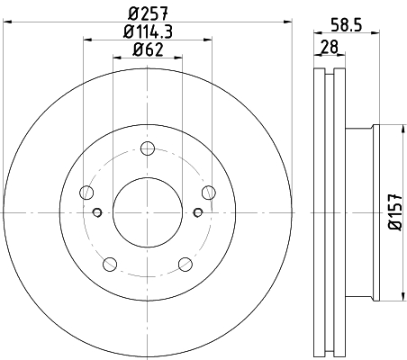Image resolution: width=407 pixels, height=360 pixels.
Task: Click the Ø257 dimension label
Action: pos(148,13)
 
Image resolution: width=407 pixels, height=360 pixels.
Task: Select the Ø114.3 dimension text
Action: pos(148,31)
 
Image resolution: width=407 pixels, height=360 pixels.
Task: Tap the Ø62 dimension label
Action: pos(148,49)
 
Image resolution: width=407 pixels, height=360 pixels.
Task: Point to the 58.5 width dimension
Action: pos(347,24)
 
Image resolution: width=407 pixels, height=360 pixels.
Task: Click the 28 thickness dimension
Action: pos(330,47)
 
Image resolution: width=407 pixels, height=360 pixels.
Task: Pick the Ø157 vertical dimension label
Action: pos(395,212)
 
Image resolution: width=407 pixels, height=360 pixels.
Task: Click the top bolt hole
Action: pos(148,148)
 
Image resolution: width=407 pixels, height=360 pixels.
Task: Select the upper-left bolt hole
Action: pos(86,193)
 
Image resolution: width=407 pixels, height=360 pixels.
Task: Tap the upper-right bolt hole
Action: pos(209,193)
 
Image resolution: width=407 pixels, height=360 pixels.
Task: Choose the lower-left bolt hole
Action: pos(110,264)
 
